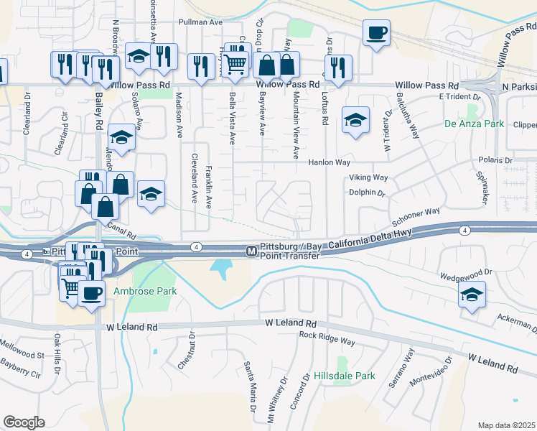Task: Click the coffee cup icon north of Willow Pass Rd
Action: point(377,33)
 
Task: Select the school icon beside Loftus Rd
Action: point(355,120)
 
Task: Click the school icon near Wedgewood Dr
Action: point(471,294)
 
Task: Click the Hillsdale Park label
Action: point(344,376)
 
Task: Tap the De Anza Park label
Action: point(475,124)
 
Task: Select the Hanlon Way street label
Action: point(329,163)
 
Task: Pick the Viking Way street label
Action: point(368,177)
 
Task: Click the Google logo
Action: point(24,422)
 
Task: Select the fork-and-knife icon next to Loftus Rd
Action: point(337,67)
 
